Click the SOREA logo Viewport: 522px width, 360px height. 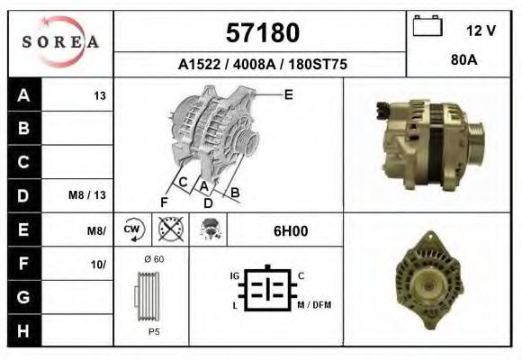point(59,42)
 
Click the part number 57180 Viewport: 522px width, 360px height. point(261,33)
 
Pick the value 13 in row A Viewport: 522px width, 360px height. point(100,94)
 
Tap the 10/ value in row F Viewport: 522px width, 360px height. point(98,264)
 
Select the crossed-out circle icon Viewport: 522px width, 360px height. point(170,229)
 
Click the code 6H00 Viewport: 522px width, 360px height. point(291,230)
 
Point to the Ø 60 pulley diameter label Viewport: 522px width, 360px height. point(153,259)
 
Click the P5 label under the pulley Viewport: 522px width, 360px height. point(153,331)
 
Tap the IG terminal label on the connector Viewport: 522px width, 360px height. point(234,275)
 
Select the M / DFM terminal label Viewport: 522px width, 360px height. point(314,305)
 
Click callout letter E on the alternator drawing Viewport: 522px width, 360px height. point(288,94)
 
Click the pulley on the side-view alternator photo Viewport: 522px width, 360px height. point(473,139)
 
